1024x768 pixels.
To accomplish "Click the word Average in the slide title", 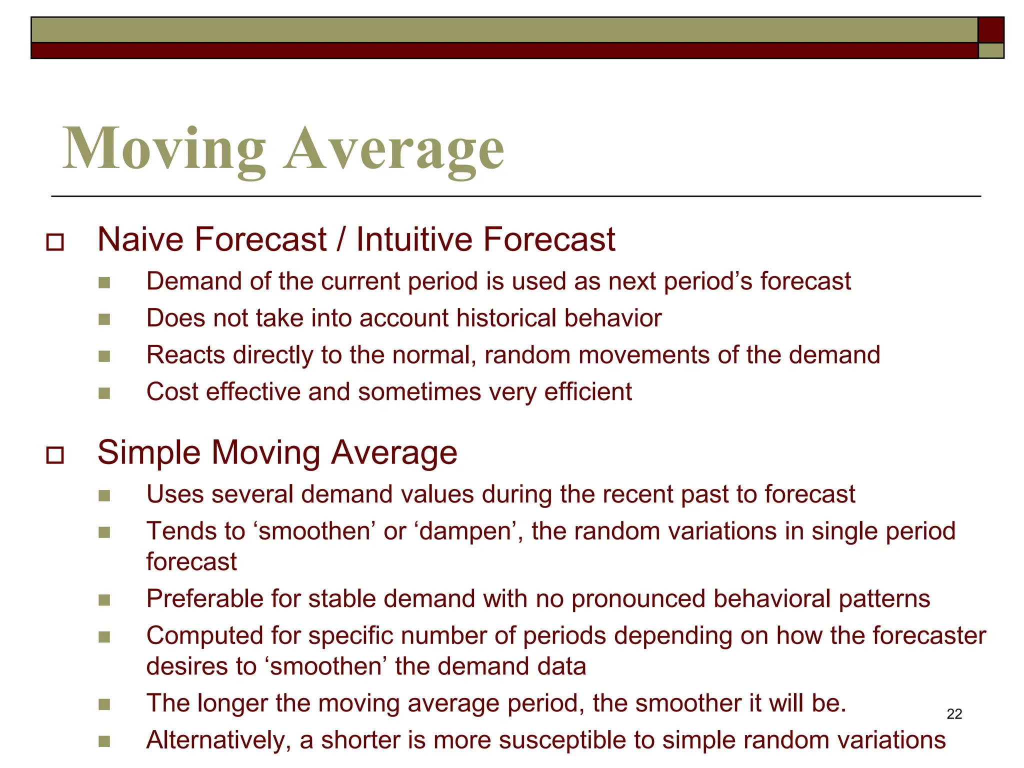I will tap(394, 149).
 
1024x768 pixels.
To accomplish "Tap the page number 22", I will tap(954, 714).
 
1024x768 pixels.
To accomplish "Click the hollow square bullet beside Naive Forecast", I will tap(54, 242).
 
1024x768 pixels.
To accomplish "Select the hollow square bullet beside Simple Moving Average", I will tap(54, 455).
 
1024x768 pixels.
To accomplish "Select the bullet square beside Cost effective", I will tap(104, 393).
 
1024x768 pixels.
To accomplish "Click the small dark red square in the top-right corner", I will tap(990, 30).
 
